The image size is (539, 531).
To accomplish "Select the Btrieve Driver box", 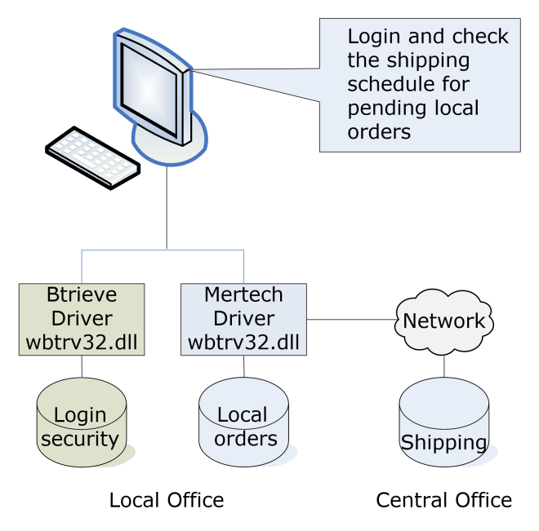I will (x=82, y=319).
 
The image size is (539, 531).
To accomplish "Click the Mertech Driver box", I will (x=244, y=319).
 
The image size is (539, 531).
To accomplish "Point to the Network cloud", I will (x=444, y=321).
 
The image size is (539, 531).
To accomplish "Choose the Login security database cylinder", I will (x=82, y=426).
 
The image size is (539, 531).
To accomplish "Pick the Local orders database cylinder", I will (x=244, y=426).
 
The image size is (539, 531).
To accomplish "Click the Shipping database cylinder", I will (x=443, y=429).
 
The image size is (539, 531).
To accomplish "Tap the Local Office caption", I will (x=167, y=499).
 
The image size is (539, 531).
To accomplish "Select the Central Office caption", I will (x=443, y=499).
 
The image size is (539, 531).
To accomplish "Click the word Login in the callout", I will (x=376, y=38).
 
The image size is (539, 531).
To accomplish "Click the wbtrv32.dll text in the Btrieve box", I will (x=82, y=342).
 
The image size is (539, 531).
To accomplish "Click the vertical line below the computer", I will (x=167, y=208).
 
